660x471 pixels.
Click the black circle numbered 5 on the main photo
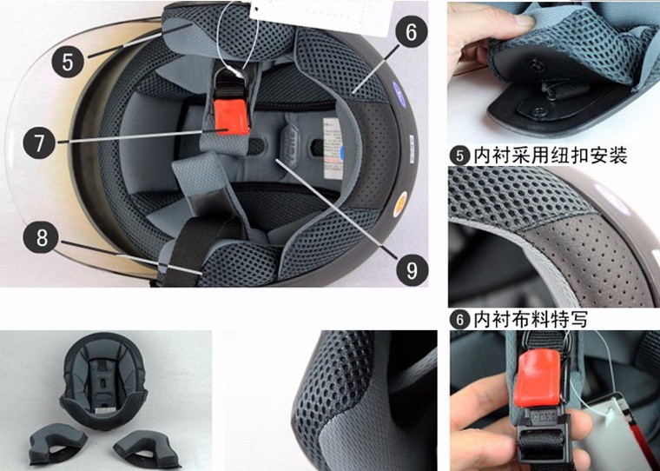[68, 61]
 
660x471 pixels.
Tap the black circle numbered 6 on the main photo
[412, 31]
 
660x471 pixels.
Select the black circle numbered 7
[39, 143]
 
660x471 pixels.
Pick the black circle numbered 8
[42, 237]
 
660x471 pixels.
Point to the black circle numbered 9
[412, 269]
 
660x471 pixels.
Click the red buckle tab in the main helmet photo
[232, 117]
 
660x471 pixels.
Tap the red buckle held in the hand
[538, 379]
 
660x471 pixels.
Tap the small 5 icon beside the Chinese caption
[459, 156]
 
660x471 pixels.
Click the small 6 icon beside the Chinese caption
[459, 320]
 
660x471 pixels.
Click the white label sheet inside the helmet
[333, 148]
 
